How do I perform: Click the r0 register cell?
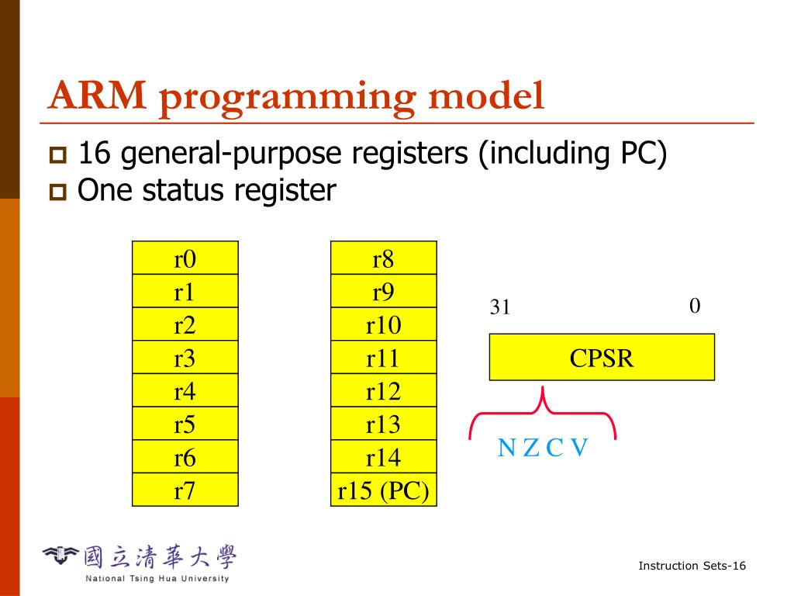pyautogui.click(x=185, y=258)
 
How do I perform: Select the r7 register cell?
pyautogui.click(x=185, y=490)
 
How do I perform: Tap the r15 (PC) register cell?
pyautogui.click(x=384, y=490)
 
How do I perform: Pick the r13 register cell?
pyautogui.click(x=384, y=424)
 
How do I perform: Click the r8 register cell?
pyautogui.click(x=384, y=258)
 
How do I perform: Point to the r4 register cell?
pyautogui.click(x=185, y=390)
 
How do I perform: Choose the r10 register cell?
pyautogui.click(x=384, y=324)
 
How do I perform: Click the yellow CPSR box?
pyautogui.click(x=602, y=358)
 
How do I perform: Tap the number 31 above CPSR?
pyautogui.click(x=500, y=308)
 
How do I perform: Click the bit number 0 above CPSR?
pyautogui.click(x=695, y=307)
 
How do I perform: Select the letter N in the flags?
pyautogui.click(x=506, y=448)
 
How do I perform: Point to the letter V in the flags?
pyautogui.click(x=579, y=448)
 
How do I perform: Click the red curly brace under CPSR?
pyautogui.click(x=543, y=411)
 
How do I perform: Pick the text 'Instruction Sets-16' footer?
pyautogui.click(x=692, y=566)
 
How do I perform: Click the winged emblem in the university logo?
pyautogui.click(x=61, y=553)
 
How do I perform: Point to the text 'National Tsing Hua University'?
pyautogui.click(x=157, y=579)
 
